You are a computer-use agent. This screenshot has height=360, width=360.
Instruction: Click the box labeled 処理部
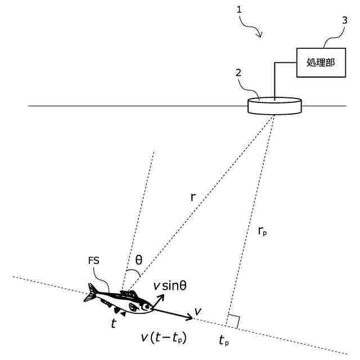[320, 61]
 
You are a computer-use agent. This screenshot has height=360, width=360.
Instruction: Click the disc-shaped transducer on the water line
[274, 106]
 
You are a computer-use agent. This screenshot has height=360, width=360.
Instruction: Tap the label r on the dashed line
[193, 197]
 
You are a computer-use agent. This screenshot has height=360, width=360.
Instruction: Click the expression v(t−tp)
[165, 339]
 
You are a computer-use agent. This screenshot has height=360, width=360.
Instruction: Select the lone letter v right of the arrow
[197, 311]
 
